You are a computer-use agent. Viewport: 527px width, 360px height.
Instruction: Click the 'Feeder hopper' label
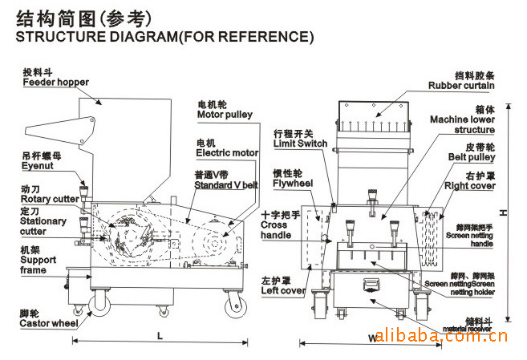pos(55,82)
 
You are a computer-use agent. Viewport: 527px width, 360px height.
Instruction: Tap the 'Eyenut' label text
pos(39,165)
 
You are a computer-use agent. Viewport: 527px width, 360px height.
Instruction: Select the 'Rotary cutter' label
pos(47,198)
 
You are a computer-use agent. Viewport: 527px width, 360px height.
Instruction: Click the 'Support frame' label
pos(38,265)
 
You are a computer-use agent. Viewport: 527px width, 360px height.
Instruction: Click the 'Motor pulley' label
pos(225,115)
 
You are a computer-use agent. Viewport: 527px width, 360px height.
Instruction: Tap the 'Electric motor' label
pos(228,152)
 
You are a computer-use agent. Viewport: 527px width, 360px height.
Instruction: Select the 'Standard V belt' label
pos(226,185)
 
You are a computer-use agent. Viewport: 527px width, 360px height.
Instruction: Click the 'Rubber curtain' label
pos(461,85)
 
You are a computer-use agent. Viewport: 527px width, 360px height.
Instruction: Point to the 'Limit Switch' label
pos(301,144)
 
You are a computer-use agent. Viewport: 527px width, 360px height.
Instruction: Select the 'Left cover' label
pos(282,290)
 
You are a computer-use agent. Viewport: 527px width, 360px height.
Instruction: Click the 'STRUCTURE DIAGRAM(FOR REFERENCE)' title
pos(164,37)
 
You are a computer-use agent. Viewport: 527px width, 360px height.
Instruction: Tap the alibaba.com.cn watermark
pos(440,334)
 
